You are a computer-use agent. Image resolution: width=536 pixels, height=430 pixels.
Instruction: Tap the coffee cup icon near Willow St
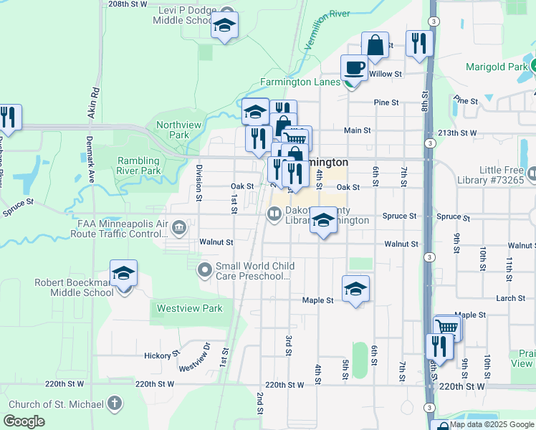pos(354,68)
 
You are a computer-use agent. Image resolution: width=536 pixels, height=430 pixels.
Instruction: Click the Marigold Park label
pos(494,67)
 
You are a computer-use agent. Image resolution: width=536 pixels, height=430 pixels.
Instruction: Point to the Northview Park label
pos(173,130)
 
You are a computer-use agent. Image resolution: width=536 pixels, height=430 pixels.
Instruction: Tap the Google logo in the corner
pos(25,421)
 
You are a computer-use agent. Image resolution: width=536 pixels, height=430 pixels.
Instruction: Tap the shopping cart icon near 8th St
pos(446,327)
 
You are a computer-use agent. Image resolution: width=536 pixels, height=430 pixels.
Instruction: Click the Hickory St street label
pos(161,355)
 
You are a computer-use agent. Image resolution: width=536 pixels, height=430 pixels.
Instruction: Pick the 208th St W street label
pos(128,4)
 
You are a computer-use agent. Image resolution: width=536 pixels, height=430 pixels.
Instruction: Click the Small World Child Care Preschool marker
pos(205,269)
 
